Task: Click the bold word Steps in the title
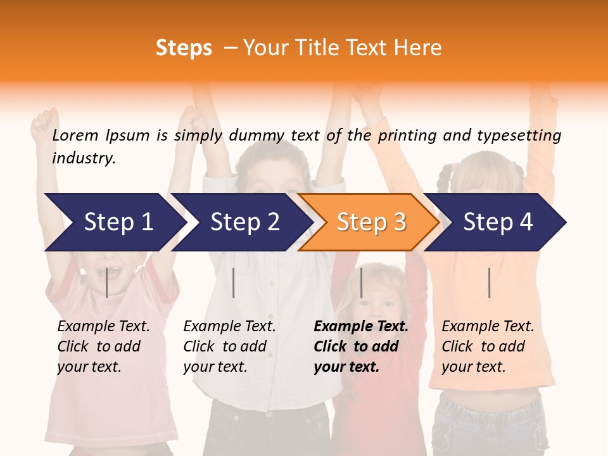184,48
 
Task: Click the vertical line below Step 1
107,282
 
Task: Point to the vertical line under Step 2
234,282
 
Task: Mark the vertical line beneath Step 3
361,282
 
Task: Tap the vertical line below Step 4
489,282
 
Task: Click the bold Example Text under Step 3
361,327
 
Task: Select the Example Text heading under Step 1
103,327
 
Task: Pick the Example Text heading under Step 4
488,327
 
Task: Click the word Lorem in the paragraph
75,135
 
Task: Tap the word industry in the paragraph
84,158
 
